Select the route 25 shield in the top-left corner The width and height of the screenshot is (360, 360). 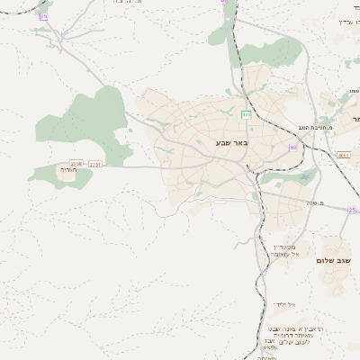pos(44,16)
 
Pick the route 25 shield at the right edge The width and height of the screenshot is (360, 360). pos(352,209)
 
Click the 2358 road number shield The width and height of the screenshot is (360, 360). pos(76,163)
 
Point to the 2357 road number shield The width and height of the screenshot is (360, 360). pos(96,164)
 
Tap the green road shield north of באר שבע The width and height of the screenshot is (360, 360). pos(246,114)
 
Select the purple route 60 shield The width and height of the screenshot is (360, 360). pos(293,148)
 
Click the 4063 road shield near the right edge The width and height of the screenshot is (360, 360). pos(343,155)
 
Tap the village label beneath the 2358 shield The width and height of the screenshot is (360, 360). pos(69,170)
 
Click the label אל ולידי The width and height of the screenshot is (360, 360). pos(283,305)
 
